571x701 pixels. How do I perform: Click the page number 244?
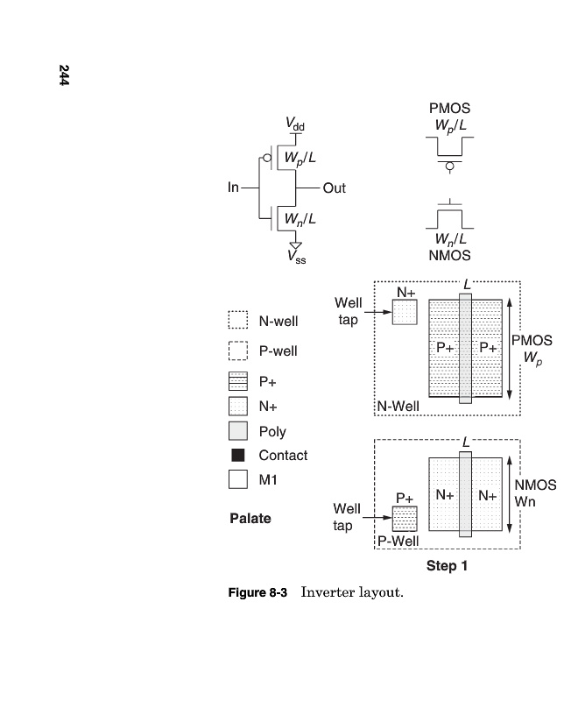pyautogui.click(x=65, y=75)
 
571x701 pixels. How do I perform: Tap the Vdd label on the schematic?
pyautogui.click(x=295, y=126)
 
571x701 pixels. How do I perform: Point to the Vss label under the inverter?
pyautogui.click(x=296, y=257)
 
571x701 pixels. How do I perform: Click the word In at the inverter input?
pyautogui.click(x=233, y=188)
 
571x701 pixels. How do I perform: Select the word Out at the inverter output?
pyautogui.click(x=335, y=188)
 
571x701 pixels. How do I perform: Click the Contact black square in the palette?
pyautogui.click(x=236, y=456)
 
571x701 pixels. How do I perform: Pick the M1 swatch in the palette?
pyautogui.click(x=238, y=480)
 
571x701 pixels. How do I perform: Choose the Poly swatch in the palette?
pyautogui.click(x=238, y=431)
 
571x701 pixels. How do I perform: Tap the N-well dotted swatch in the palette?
pyautogui.click(x=238, y=322)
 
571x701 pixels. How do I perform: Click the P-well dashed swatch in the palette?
pyautogui.click(x=238, y=350)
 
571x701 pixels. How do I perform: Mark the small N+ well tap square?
pyautogui.click(x=405, y=312)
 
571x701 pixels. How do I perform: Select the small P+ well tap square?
pyautogui.click(x=405, y=519)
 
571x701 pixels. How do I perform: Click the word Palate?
pyautogui.click(x=250, y=518)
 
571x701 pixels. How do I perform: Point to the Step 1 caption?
pyautogui.click(x=447, y=566)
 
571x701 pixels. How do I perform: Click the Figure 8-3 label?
pyautogui.click(x=257, y=593)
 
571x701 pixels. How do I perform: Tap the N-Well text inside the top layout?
pyautogui.click(x=398, y=407)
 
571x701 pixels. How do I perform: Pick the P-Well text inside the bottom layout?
pyautogui.click(x=398, y=541)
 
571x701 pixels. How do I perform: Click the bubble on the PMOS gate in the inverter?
pyautogui.click(x=266, y=159)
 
